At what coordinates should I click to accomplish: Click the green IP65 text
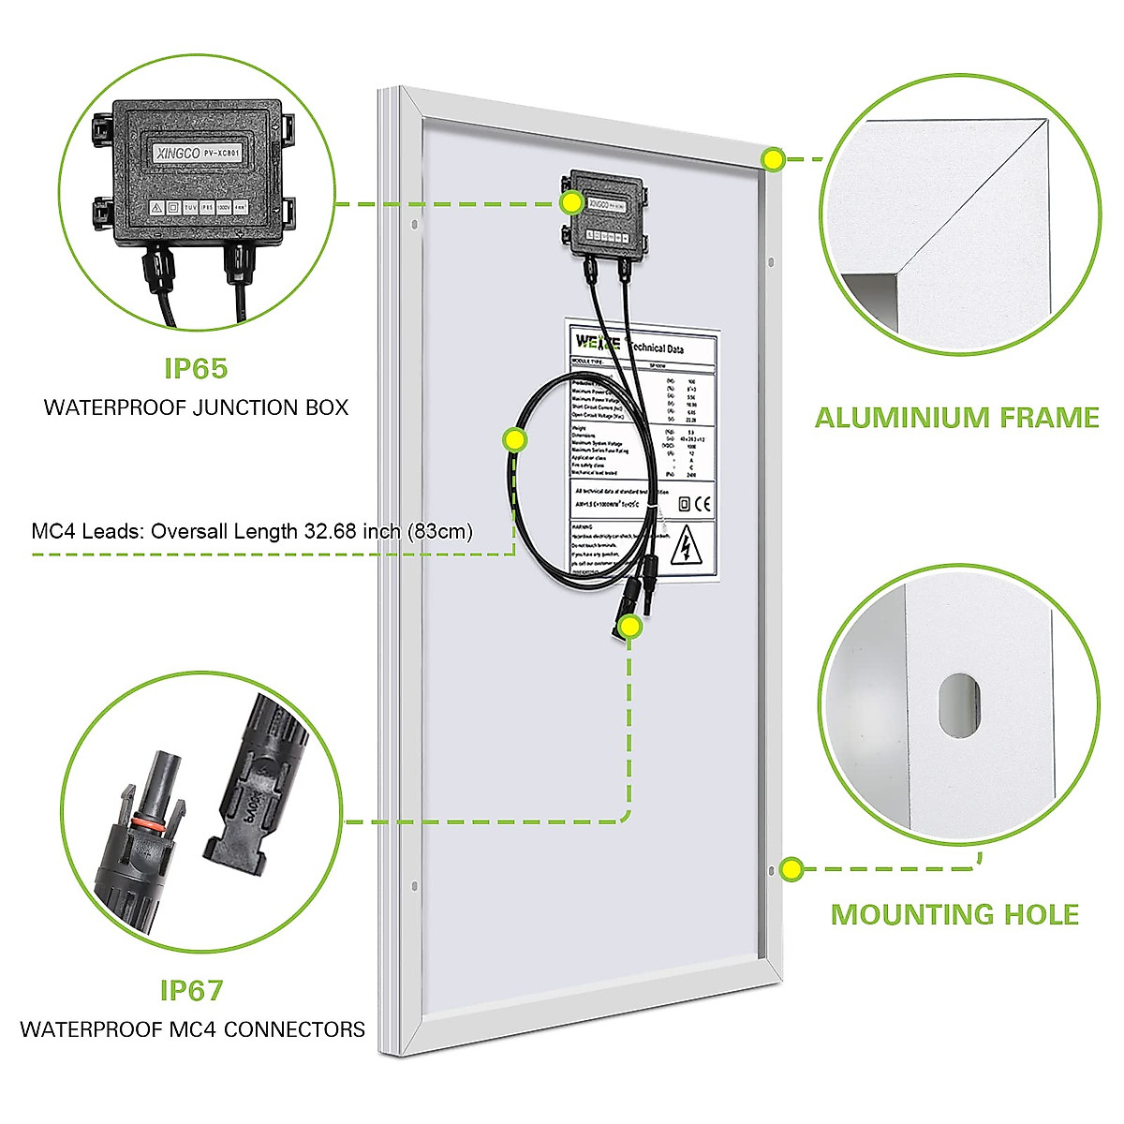196,368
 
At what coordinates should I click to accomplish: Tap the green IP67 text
191,990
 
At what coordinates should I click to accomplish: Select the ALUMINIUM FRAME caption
956,417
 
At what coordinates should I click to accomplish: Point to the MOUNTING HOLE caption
954,914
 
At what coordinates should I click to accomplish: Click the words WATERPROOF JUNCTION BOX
196,407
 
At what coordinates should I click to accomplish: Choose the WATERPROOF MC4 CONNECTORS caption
192,1029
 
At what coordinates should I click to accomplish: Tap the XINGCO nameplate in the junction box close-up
198,151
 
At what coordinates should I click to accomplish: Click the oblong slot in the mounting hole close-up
959,705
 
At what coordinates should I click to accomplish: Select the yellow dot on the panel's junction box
570,202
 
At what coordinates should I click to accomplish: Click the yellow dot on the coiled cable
514,439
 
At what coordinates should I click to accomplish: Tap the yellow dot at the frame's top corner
773,159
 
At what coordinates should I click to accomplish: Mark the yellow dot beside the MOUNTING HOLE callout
791,868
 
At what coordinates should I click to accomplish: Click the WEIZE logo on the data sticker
598,341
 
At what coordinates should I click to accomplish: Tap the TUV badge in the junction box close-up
190,207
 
